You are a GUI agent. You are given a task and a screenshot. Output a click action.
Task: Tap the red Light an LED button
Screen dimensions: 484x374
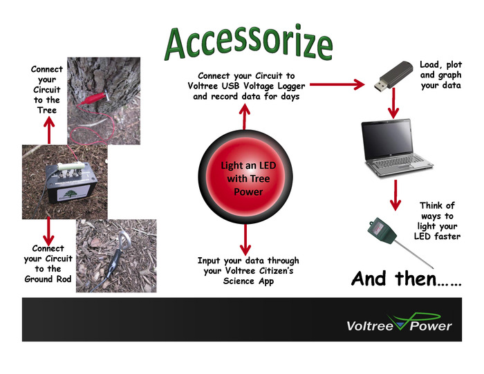(x=241, y=178)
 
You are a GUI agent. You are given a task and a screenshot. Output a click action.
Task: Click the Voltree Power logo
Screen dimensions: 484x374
(x=399, y=324)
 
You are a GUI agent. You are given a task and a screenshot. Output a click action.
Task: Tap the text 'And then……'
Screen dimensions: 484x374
(x=406, y=279)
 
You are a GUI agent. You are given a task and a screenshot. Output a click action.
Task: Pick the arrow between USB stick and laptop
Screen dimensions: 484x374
(x=394, y=106)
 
